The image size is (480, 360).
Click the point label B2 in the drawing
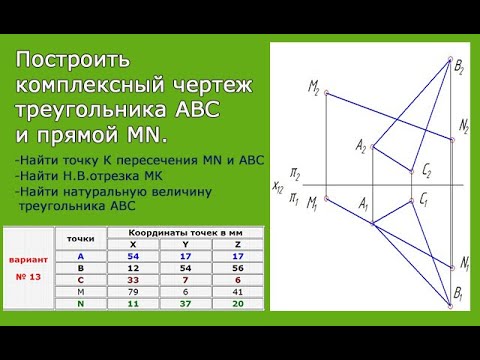pyautogui.click(x=457, y=67)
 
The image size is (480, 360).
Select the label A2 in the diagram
pyautogui.click(x=361, y=146)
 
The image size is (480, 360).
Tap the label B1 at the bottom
pyautogui.click(x=457, y=297)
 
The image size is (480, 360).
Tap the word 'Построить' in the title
pyautogui.click(x=69, y=62)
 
